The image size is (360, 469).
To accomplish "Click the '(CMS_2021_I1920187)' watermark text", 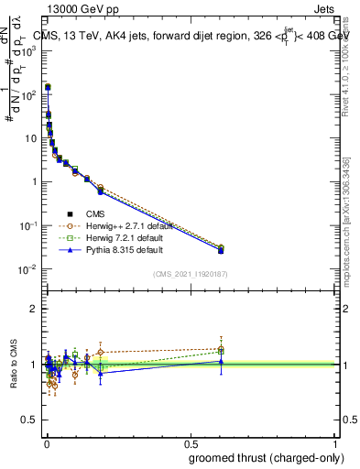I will click(x=190, y=274).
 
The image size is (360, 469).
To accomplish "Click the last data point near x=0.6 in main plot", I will click(x=221, y=249).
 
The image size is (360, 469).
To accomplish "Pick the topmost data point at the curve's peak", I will click(x=48, y=88).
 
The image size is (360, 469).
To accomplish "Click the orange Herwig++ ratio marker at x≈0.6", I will click(x=221, y=348).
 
